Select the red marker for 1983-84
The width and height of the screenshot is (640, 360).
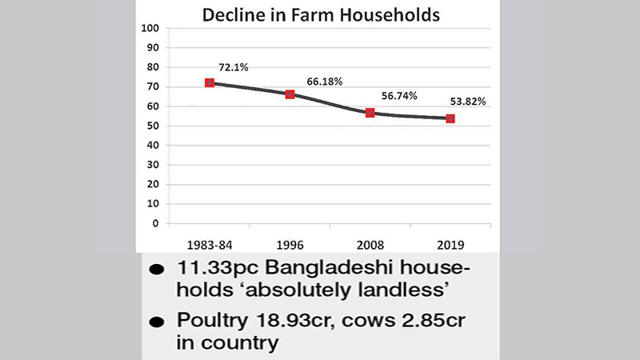tap(210, 83)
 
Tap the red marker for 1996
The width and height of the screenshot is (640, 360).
tap(290, 94)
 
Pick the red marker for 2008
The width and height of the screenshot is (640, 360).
tap(370, 113)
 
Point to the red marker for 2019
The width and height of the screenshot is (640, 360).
tap(450, 118)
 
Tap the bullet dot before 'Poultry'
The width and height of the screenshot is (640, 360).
tap(158, 322)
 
